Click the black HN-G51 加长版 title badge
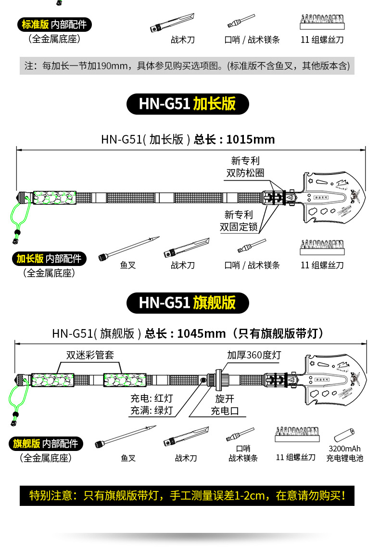pos(188,104)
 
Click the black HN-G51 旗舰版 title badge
pos(188,303)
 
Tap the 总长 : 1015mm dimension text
pos(234,140)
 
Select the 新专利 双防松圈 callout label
pos(245,167)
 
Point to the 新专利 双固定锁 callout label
pos(239,221)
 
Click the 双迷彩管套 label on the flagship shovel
pos(90,356)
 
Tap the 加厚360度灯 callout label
pos(254,356)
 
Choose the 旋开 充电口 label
pos(225,405)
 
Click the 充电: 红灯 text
pos(152,398)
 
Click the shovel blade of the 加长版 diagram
pos(332,197)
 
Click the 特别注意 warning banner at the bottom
pos(187,495)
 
